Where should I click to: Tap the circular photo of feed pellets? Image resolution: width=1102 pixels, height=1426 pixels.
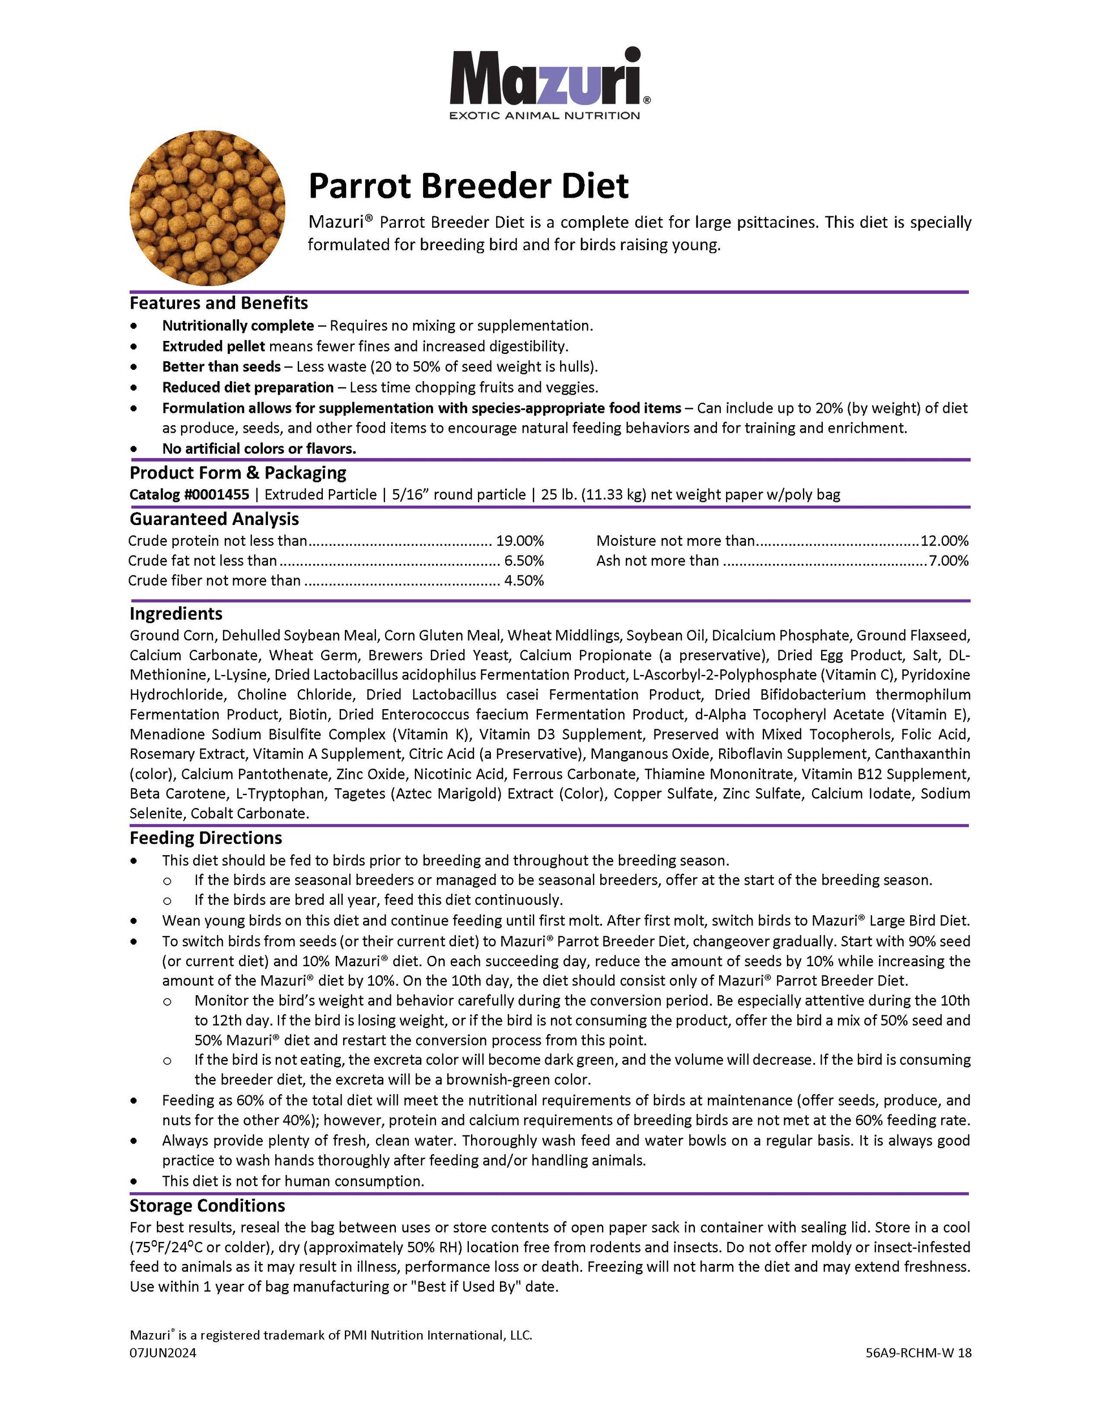point(208,208)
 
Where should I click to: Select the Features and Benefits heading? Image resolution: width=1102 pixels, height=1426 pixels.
point(219,303)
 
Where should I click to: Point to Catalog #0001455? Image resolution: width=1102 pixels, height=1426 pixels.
point(189,494)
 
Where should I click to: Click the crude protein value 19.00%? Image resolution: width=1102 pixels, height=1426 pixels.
point(520,541)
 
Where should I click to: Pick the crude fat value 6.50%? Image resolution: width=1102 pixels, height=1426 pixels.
point(524,560)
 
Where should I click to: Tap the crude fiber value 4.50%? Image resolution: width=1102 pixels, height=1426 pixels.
point(524,580)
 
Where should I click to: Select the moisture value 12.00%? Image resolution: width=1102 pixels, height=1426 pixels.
point(944,541)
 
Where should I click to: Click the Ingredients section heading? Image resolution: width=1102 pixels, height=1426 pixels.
point(176,614)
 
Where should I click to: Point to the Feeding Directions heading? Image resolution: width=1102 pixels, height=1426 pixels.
point(206,838)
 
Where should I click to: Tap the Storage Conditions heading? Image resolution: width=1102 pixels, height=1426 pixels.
point(207,1205)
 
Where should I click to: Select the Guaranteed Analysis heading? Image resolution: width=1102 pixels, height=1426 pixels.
point(214,519)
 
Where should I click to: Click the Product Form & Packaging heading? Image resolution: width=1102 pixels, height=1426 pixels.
point(238,473)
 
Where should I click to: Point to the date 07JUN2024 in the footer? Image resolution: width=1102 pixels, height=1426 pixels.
point(163,1353)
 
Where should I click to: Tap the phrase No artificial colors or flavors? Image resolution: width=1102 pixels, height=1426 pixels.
point(259,449)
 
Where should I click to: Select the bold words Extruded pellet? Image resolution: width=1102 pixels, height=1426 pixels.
point(213,346)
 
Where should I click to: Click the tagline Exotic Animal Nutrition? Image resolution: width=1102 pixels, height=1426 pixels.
point(544,116)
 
